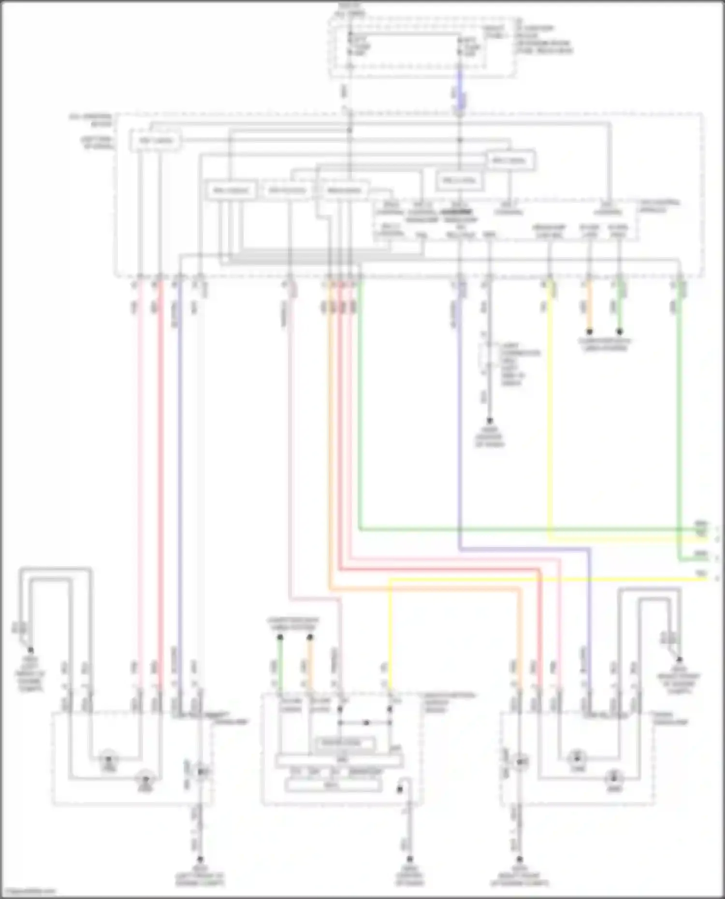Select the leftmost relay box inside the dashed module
pyautogui.click(x=154, y=141)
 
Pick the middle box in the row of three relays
pyautogui.click(x=288, y=190)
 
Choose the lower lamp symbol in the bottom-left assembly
pyautogui.click(x=144, y=779)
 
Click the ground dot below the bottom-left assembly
pyautogui.click(x=200, y=860)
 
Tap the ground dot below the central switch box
pyautogui.click(x=410, y=860)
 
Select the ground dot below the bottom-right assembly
pyautogui.click(x=520, y=860)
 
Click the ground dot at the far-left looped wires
pyautogui.click(x=30, y=650)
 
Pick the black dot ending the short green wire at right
pyautogui.click(x=620, y=332)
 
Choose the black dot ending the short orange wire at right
pyautogui.click(x=589, y=332)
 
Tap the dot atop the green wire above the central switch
pyautogui.click(x=280, y=638)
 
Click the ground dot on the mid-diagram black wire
pyautogui.click(x=489, y=421)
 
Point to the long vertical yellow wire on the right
pyautogui.click(x=550, y=411)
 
